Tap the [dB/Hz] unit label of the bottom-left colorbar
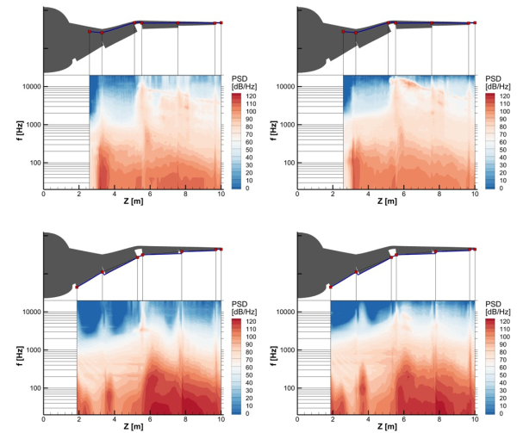point(246,312)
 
